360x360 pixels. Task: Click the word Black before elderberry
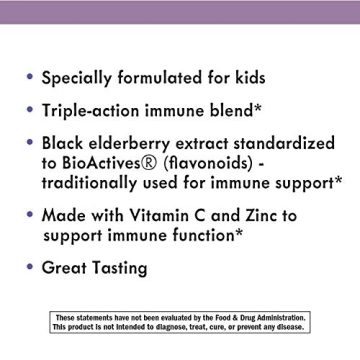(x=68, y=143)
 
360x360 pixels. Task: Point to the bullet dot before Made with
(x=30, y=214)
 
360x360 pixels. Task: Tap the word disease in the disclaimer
(x=290, y=327)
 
